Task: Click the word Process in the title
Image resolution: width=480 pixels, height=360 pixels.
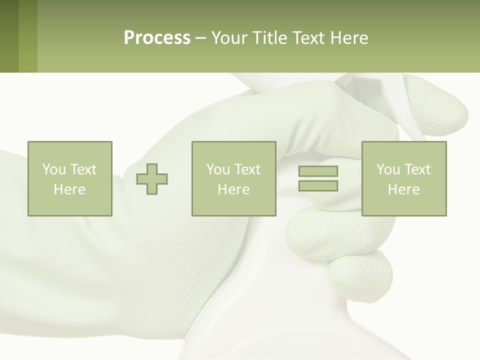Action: pyautogui.click(x=157, y=38)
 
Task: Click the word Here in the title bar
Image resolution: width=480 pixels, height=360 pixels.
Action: pyautogui.click(x=349, y=38)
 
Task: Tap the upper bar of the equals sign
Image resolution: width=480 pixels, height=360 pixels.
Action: pyautogui.click(x=318, y=171)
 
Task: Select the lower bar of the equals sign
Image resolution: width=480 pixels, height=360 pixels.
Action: pyautogui.click(x=318, y=186)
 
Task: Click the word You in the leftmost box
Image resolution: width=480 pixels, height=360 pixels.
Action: pyautogui.click(x=54, y=169)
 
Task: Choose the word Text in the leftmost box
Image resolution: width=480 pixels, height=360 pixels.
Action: pyautogui.click(x=83, y=169)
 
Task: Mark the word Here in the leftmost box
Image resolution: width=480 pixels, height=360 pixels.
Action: pyautogui.click(x=69, y=189)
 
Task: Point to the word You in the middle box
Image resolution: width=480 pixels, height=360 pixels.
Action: pyautogui.click(x=218, y=169)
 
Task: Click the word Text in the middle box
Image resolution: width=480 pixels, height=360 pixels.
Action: pyautogui.click(x=247, y=169)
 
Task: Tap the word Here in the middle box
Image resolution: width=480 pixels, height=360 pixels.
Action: pyautogui.click(x=233, y=189)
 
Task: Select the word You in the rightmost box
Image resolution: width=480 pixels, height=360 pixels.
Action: pyautogui.click(x=388, y=169)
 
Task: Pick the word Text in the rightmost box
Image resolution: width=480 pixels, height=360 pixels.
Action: pyautogui.click(x=417, y=169)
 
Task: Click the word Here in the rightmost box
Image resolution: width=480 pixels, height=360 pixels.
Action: pyautogui.click(x=403, y=189)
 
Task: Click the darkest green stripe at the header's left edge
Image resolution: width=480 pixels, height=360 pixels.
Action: pyautogui.click(x=9, y=36)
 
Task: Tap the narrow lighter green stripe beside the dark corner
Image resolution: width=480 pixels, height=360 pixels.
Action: pyautogui.click(x=28, y=36)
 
